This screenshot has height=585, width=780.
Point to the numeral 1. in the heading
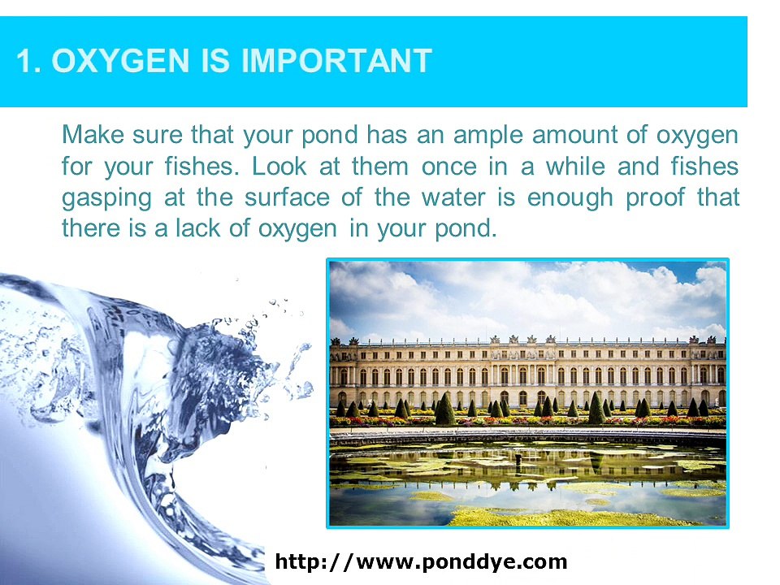(29, 61)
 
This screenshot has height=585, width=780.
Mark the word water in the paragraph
(482, 197)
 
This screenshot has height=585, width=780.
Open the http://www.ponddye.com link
(421, 561)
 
